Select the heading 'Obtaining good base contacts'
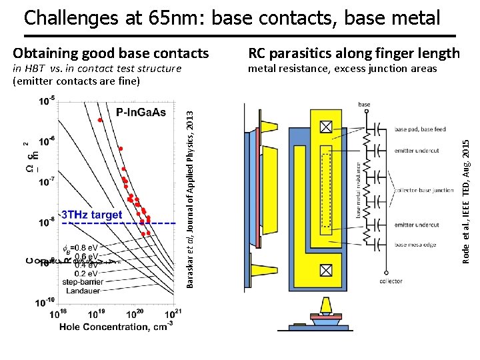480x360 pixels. pos(111,53)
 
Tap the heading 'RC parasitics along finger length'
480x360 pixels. pos(353,53)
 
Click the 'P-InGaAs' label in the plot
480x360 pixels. pos(141,112)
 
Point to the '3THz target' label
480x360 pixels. pos(92,215)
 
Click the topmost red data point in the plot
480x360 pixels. pos(100,120)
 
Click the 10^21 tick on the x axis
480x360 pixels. pos(174,313)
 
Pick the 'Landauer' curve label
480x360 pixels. pos(83,291)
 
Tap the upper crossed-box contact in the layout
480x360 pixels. pos(326,127)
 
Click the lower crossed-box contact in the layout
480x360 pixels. pos(326,270)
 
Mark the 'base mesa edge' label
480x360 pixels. pos(415,245)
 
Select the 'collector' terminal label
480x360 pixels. pos(391,281)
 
